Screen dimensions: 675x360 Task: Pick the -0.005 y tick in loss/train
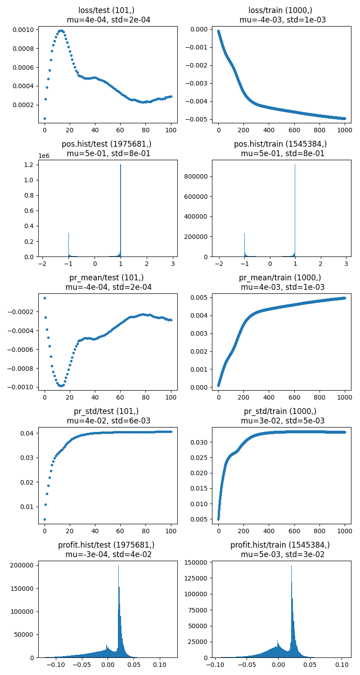click(198, 119)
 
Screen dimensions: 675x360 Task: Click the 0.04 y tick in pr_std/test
click(29, 433)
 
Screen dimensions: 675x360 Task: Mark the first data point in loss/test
click(45, 118)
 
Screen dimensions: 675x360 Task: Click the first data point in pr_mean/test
click(45, 298)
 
